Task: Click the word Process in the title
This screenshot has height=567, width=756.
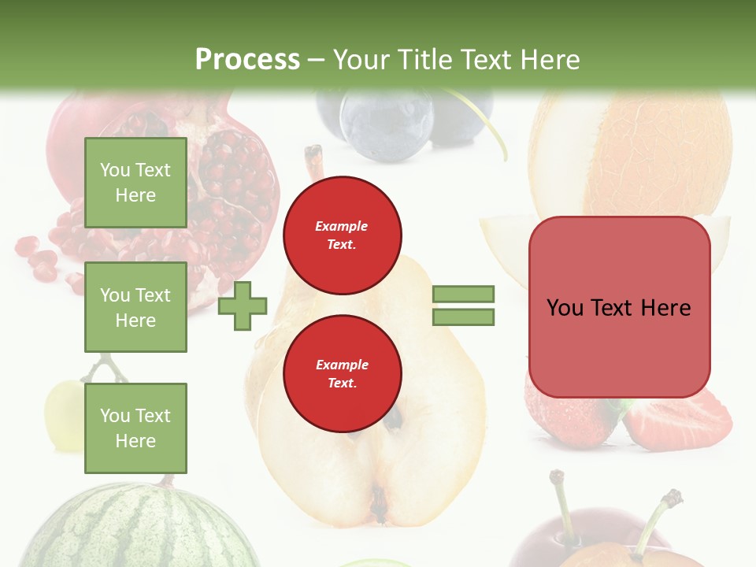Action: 247,60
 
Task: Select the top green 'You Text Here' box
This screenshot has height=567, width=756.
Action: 135,183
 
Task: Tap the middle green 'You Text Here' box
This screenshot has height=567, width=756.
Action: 135,307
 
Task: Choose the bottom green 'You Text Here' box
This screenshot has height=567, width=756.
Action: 135,428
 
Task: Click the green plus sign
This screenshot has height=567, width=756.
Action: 243,305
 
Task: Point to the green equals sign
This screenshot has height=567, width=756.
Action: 463,306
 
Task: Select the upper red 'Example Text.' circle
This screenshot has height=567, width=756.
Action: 342,235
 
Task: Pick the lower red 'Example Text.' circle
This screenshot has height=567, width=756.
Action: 342,373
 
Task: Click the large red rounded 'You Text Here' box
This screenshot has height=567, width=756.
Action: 619,307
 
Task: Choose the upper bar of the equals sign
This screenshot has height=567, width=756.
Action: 463,294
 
